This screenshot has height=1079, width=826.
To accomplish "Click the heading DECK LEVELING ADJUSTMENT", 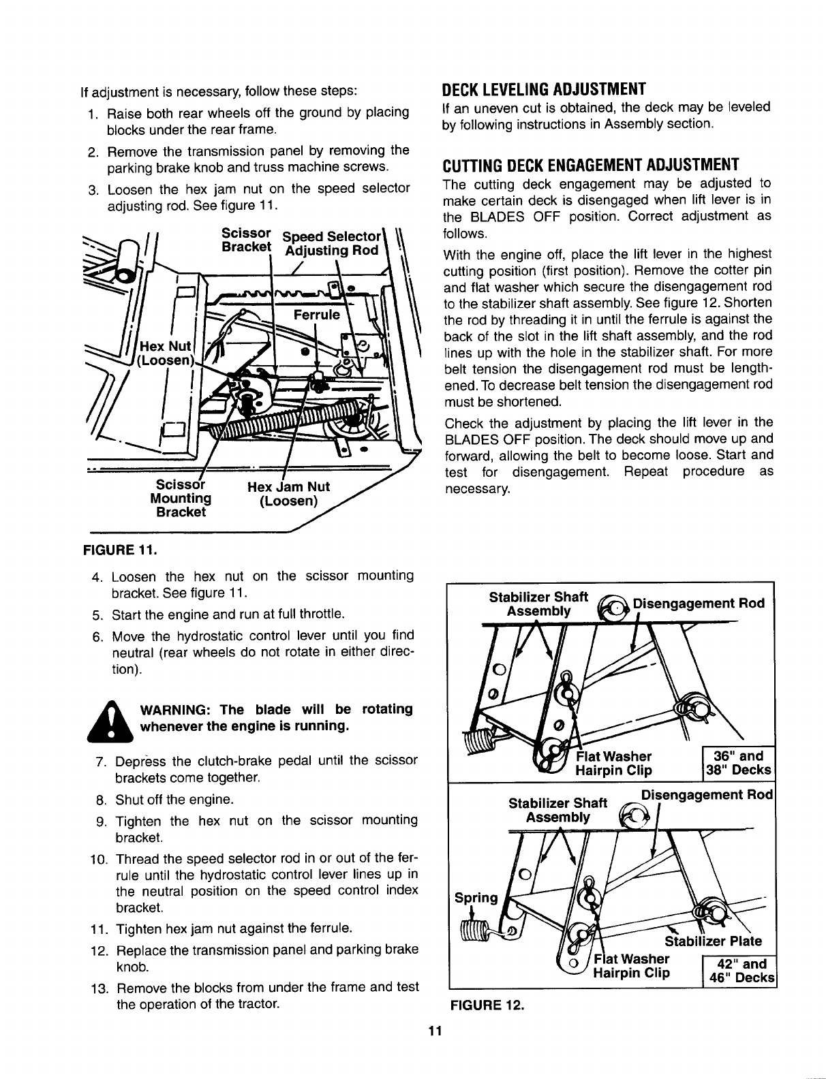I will [543, 90].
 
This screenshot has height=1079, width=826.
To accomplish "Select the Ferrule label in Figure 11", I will [316, 315].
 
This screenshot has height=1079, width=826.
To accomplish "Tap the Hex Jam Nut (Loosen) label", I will [289, 494].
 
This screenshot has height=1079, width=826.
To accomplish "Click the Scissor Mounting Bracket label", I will [181, 498].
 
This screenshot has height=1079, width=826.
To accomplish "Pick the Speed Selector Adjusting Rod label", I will [331, 243].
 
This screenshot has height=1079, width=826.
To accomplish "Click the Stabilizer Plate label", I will [713, 942].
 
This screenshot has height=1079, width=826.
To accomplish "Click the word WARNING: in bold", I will [172, 709].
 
